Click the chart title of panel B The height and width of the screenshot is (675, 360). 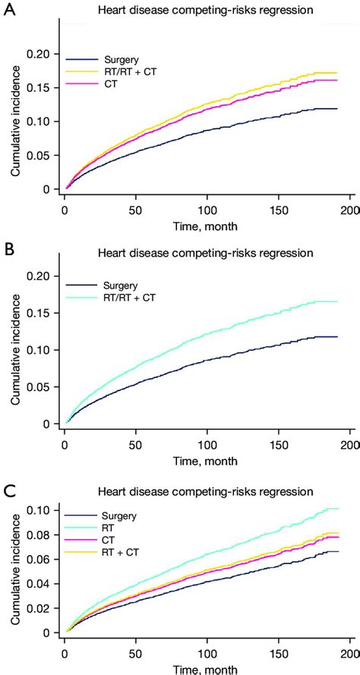(x=204, y=251)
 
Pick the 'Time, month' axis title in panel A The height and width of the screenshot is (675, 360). (x=207, y=226)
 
